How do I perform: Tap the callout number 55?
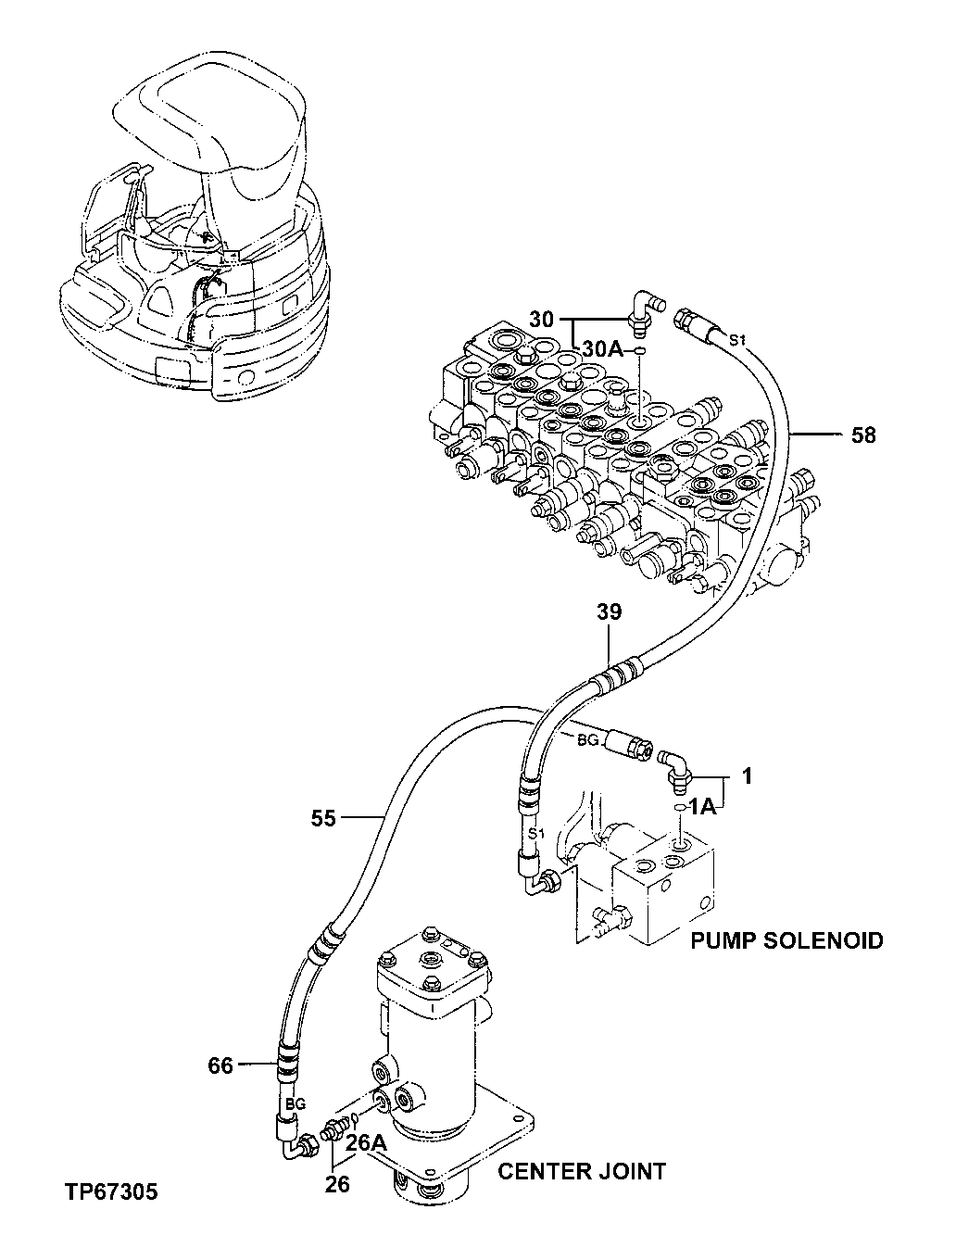point(322,817)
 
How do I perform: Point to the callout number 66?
point(220,1066)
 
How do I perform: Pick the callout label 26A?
point(366,1144)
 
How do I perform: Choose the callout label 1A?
point(703,808)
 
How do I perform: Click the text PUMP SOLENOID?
point(786,941)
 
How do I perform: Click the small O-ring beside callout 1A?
point(679,808)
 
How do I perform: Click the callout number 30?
point(542,320)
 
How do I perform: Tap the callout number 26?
point(338,1184)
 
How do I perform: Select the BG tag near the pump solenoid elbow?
point(588,741)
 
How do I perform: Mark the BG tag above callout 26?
point(295,1104)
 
